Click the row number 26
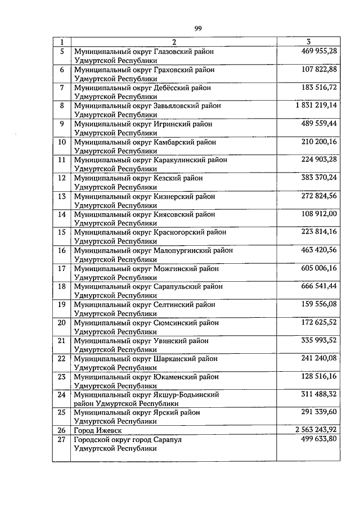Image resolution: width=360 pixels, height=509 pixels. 62,430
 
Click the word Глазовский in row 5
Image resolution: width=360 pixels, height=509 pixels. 174,52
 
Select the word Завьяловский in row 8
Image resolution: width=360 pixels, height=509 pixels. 177,106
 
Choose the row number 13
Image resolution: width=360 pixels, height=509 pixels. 62,196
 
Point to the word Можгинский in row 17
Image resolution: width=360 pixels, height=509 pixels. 174,268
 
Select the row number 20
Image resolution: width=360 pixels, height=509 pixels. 62,323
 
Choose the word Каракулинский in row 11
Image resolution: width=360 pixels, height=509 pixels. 181,160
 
